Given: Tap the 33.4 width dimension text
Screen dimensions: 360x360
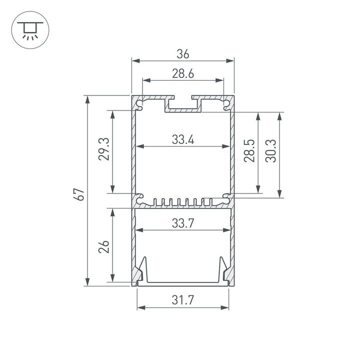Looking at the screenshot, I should (182, 140).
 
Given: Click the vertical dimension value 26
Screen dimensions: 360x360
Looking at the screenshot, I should (104, 246).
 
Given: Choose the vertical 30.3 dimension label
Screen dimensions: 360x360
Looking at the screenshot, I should (271, 152).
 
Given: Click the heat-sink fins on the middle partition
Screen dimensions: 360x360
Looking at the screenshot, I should (182, 202).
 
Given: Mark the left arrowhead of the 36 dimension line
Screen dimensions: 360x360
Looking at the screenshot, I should (134, 61).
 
